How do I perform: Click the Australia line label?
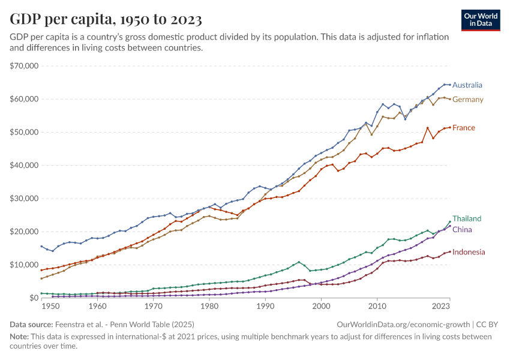467,85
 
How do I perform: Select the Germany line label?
467,100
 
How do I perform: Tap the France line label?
464,128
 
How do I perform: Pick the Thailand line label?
467,219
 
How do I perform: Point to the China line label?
462,230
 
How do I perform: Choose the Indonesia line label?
469,253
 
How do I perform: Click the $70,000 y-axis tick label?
25,65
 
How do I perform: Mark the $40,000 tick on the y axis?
25,165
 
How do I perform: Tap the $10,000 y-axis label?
25,265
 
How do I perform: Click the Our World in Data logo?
480,20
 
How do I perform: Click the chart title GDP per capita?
106,19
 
